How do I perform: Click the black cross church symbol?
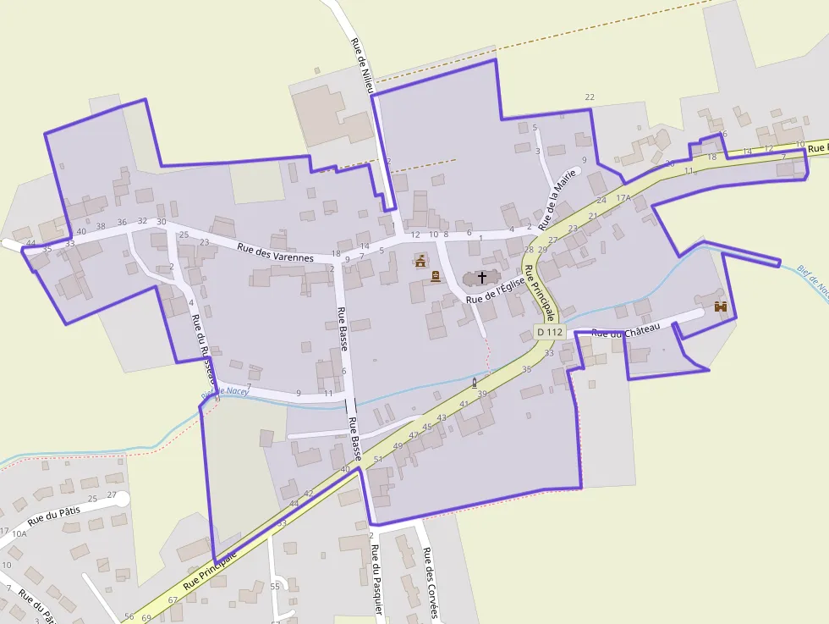click(482, 277)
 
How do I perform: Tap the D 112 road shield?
click(549, 332)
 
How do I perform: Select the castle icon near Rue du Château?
click(721, 306)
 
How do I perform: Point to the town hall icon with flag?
click(420, 261)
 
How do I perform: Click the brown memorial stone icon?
click(436, 276)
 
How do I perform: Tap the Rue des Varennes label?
click(276, 252)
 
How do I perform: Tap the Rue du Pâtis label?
click(53, 511)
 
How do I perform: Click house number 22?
click(590, 97)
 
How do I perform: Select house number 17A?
click(623, 197)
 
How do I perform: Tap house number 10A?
click(19, 533)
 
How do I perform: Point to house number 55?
click(275, 587)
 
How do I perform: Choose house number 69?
click(146, 619)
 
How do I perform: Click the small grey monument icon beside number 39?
click(474, 383)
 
